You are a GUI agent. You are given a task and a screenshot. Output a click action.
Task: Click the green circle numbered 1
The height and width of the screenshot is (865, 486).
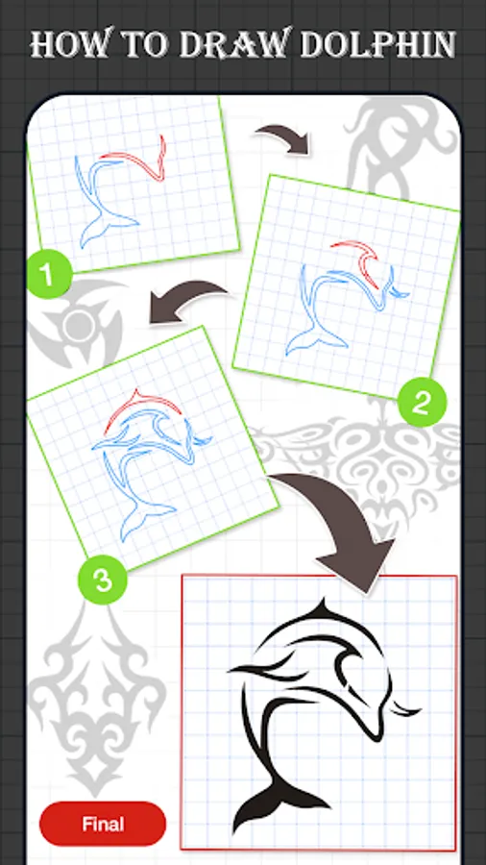coord(49,275)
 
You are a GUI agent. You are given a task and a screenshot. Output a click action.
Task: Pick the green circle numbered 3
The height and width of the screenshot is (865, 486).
coord(103,581)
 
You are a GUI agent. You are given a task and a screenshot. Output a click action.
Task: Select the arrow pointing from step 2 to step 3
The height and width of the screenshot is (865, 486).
coord(187,301)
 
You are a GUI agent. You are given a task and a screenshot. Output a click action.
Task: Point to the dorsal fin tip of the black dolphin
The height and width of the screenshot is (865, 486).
coord(324,599)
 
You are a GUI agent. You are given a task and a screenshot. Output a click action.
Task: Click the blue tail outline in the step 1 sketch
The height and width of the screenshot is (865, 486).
coord(106,227)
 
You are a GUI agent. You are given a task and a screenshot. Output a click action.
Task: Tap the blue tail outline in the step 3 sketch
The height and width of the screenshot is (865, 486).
coord(143,519)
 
